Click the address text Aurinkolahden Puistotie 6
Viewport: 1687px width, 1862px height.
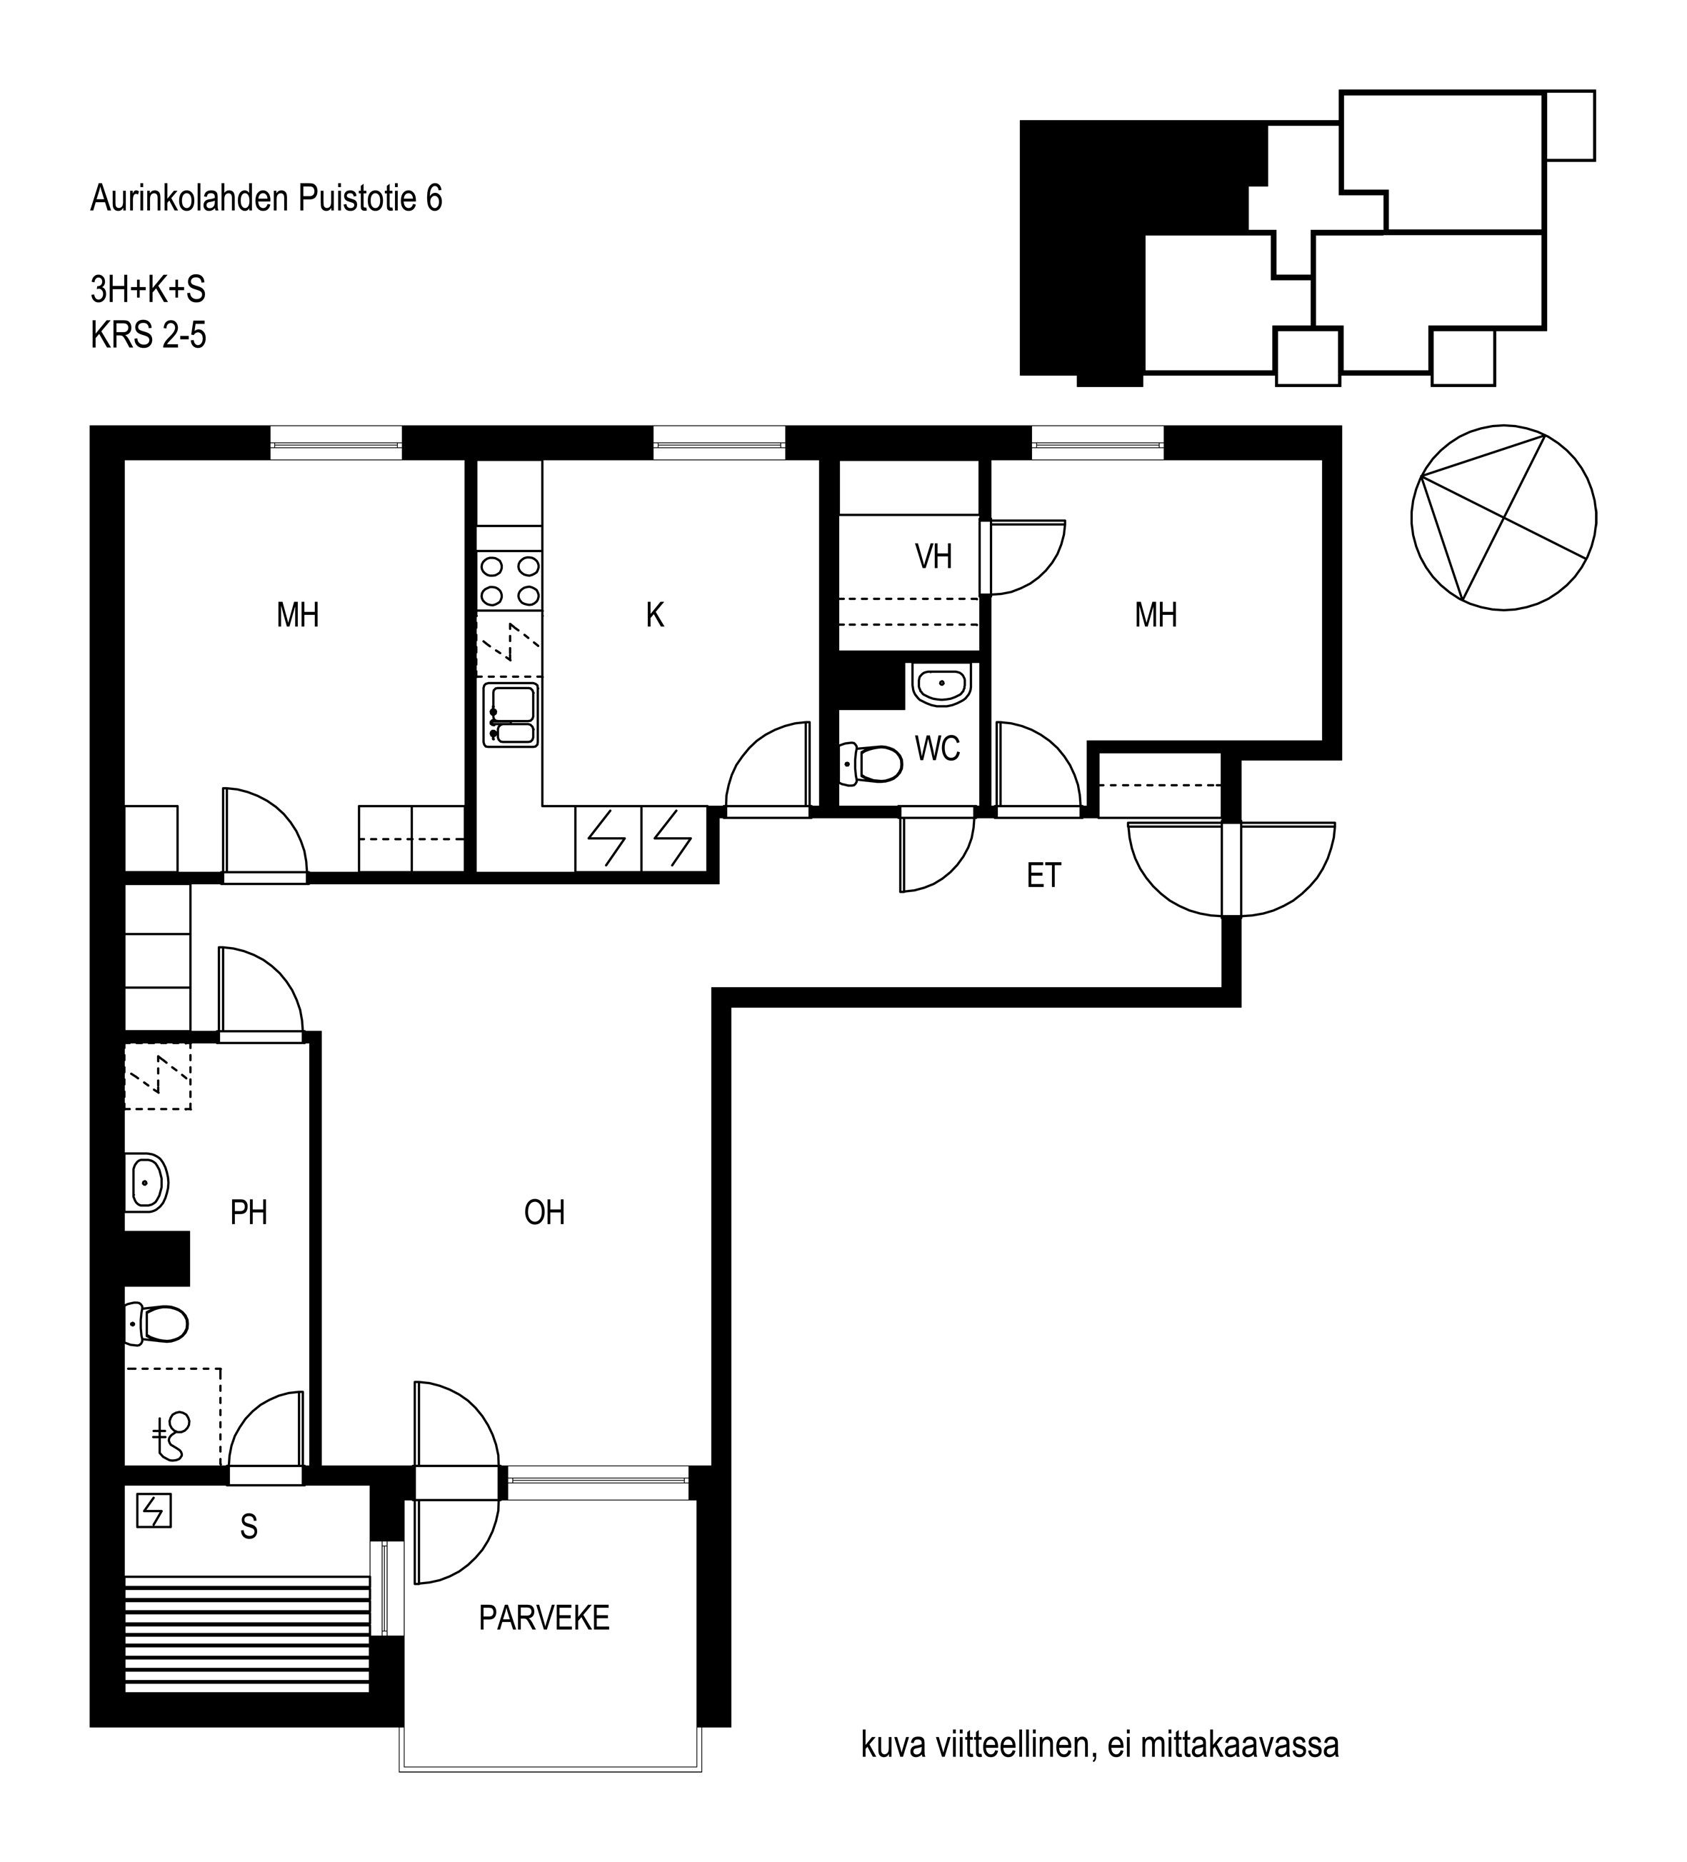tap(266, 199)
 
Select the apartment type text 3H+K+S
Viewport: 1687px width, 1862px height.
tap(148, 290)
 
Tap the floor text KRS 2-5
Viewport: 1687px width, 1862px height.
tap(148, 335)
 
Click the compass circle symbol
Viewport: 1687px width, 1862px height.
tap(1503, 517)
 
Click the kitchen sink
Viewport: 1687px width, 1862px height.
tap(511, 715)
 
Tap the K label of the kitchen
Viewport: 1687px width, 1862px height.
tap(655, 615)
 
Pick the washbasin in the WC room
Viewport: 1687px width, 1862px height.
tap(940, 684)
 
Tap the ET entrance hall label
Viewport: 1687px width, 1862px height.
tap(1043, 876)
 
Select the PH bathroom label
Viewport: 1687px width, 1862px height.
tap(249, 1213)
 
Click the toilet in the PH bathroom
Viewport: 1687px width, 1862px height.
tap(157, 1324)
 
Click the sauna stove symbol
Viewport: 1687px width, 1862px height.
tap(154, 1512)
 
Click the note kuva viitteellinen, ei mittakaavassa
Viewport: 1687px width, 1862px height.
tap(1100, 1746)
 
